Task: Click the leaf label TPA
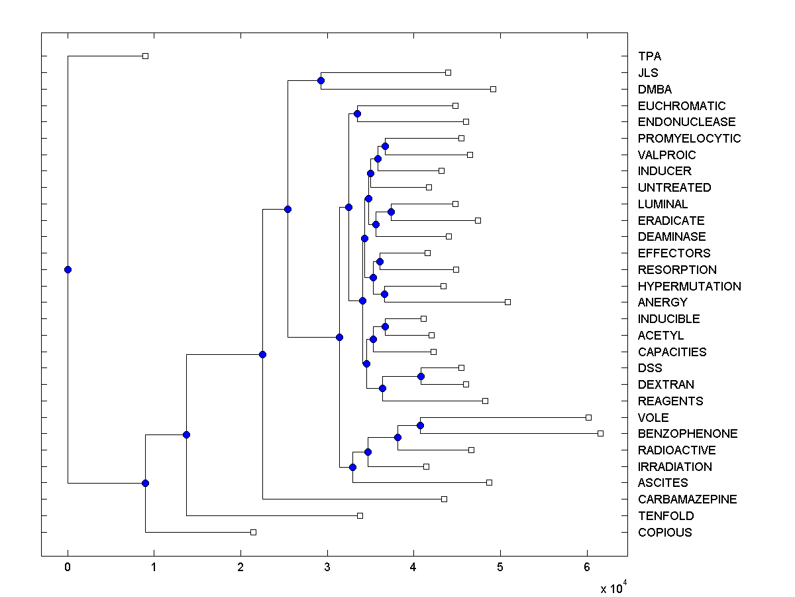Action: point(649,56)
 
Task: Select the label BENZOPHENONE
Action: point(688,434)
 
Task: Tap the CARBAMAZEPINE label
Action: point(687,499)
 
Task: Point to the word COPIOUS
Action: point(664,533)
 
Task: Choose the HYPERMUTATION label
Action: point(689,287)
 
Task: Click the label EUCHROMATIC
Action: point(682,106)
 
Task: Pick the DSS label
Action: point(650,368)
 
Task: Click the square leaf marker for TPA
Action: point(146,56)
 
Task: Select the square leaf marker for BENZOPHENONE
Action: point(600,433)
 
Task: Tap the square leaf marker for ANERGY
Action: point(508,302)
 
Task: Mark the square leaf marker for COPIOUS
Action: point(253,532)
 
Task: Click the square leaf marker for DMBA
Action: point(493,89)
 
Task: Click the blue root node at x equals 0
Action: point(68,269)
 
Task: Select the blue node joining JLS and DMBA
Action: point(321,81)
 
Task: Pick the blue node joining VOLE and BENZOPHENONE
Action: point(420,425)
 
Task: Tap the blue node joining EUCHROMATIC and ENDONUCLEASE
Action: point(357,114)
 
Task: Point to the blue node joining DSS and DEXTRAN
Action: point(421,376)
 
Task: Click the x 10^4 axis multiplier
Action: point(613,588)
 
